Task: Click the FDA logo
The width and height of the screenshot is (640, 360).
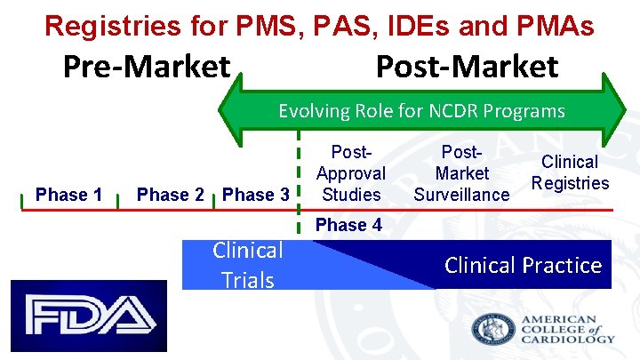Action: point(89,316)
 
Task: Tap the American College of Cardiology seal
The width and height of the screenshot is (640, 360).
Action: point(493,329)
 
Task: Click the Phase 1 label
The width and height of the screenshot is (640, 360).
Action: point(68,195)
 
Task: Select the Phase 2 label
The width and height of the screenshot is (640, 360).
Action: point(171,195)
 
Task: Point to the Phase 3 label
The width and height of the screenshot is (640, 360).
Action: point(256,195)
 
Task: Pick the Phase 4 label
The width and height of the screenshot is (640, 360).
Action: point(349,225)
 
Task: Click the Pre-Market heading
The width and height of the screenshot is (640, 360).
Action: point(147,67)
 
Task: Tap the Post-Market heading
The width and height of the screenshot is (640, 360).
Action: point(468,67)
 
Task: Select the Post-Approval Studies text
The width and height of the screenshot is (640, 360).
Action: point(351,173)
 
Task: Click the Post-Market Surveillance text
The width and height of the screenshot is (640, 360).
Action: point(462,173)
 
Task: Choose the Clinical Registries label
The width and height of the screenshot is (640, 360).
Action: point(570,172)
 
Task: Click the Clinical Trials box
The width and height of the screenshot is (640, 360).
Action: point(247,265)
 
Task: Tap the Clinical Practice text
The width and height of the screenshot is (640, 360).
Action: point(523,265)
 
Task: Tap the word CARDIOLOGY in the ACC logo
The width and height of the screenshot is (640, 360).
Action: point(569,339)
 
